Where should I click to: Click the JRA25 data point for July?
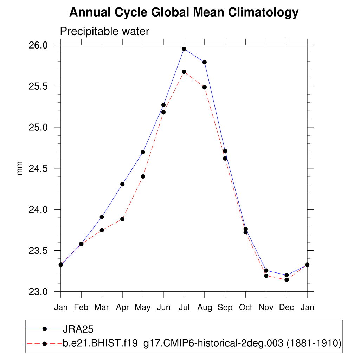pyautogui.click(x=184, y=49)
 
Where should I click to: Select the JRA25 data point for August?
pyautogui.click(x=204, y=62)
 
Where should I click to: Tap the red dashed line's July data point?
pyautogui.click(x=184, y=72)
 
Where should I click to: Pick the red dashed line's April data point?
pyautogui.click(x=122, y=219)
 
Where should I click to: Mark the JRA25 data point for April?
pyautogui.click(x=122, y=184)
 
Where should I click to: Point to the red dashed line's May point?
pyautogui.click(x=143, y=176)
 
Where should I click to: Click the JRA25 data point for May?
pyautogui.click(x=143, y=152)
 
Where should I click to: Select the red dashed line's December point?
pyautogui.click(x=287, y=280)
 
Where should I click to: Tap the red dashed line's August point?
pyautogui.click(x=204, y=87)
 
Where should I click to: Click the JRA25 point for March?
pyautogui.click(x=102, y=217)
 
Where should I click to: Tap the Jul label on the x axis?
pyautogui.click(x=184, y=308)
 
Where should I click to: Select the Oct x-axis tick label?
pyautogui.click(x=245, y=308)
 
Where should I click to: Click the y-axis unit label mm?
pyautogui.click(x=20, y=168)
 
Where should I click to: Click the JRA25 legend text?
pyautogui.click(x=78, y=329)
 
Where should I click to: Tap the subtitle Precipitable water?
pyautogui.click(x=105, y=31)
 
